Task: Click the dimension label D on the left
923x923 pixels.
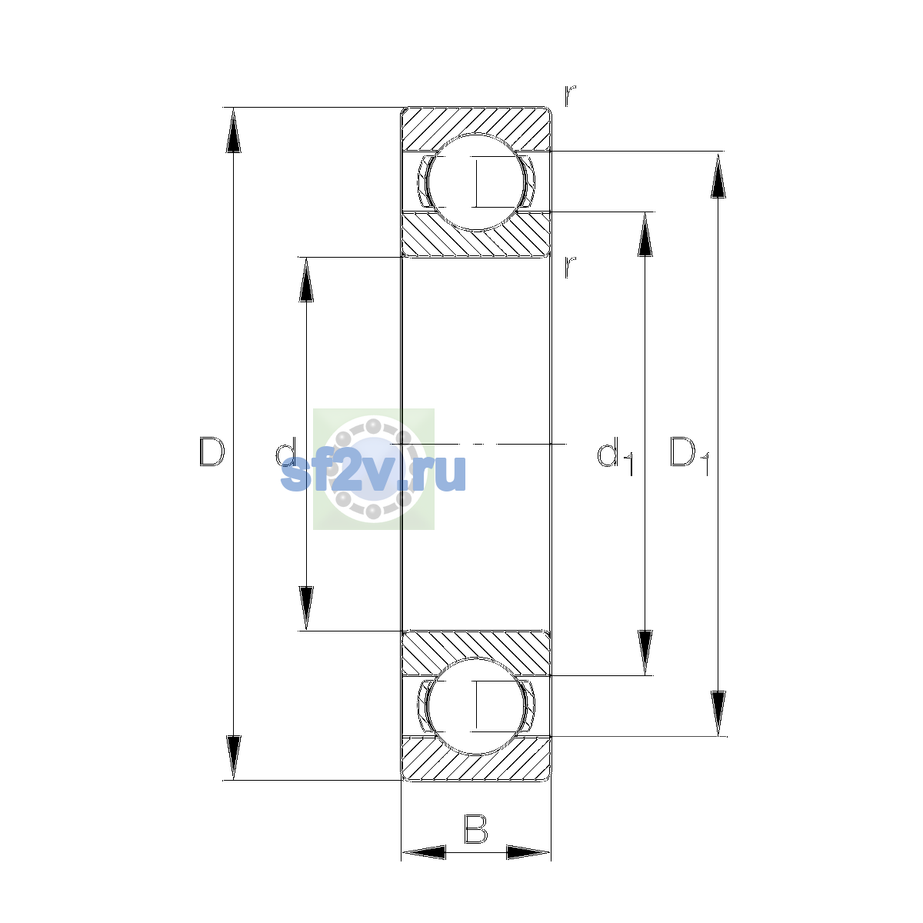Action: pos(212,452)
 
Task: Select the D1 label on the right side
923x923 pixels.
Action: pos(689,455)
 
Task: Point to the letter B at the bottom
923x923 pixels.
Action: pos(475,829)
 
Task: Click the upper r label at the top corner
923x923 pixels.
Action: pos(569,96)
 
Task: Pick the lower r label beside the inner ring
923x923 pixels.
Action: pos(569,267)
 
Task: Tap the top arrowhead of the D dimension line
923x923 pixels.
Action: pos(233,130)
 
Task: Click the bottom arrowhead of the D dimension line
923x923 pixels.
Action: pos(233,758)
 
